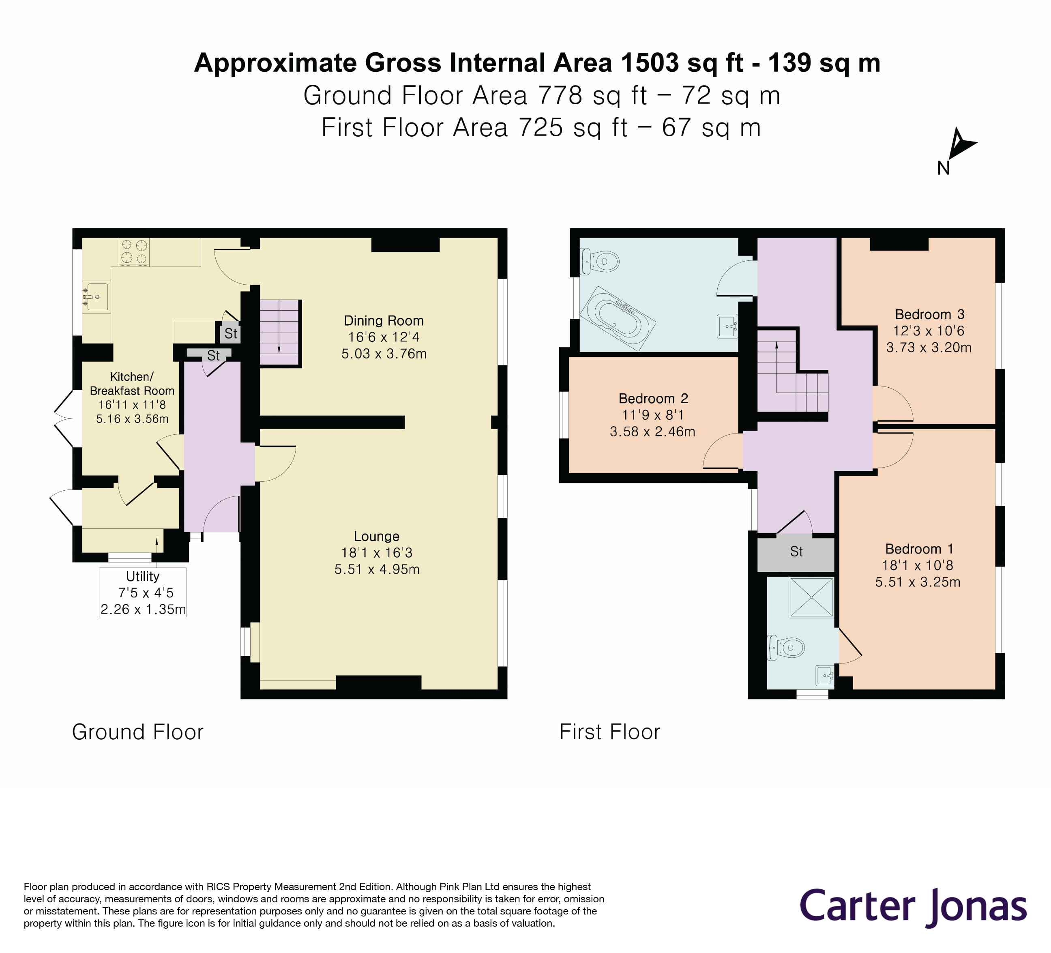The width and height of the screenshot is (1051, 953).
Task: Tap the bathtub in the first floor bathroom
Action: pos(618,318)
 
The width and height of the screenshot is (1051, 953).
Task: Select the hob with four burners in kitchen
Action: pos(134,252)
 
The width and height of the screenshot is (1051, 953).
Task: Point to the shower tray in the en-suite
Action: pos(811,597)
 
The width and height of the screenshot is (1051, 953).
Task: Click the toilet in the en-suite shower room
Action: pos(786,648)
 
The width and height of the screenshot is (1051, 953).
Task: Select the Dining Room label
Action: pos(384,321)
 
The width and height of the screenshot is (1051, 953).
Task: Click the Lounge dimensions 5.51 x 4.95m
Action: pos(377,569)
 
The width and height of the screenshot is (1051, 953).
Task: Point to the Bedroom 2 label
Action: pos(653,398)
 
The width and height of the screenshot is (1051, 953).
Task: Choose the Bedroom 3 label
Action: pos(929,314)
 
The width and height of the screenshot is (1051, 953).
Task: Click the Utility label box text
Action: pos(143,577)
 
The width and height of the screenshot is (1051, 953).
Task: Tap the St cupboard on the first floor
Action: pos(796,552)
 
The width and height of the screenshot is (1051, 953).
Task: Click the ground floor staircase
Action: pos(279,332)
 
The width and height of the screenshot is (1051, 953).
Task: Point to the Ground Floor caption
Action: pos(137,732)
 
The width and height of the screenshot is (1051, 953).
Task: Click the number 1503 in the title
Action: pos(650,63)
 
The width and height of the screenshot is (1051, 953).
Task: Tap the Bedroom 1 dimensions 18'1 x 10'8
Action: pos(917,565)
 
